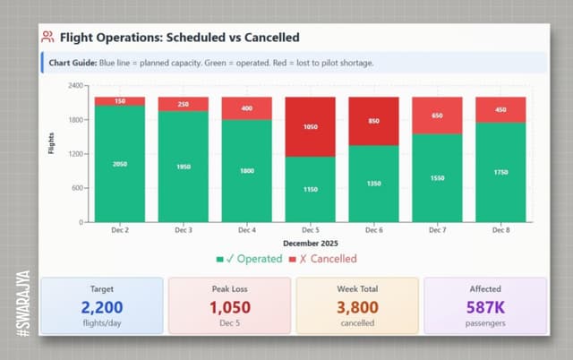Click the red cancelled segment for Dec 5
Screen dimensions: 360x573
(x=310, y=127)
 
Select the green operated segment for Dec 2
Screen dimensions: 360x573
(x=119, y=164)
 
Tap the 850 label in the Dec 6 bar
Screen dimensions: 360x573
(x=373, y=121)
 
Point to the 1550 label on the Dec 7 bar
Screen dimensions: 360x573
(x=437, y=178)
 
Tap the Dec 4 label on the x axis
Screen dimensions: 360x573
(x=246, y=231)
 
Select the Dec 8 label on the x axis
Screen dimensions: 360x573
(x=500, y=231)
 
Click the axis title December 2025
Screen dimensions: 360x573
(x=310, y=244)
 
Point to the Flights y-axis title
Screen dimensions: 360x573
(x=51, y=143)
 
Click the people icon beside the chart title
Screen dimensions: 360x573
(x=47, y=38)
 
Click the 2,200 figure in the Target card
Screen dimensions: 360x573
(x=102, y=308)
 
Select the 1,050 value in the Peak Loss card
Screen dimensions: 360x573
(x=229, y=308)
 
